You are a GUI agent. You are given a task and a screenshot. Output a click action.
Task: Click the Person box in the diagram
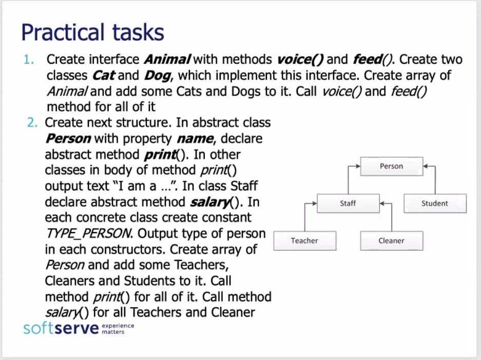391,166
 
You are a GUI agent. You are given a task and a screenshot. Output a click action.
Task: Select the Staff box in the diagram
348,203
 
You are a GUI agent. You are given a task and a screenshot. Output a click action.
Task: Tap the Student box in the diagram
434,203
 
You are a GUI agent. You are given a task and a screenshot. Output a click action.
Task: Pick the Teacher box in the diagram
304,240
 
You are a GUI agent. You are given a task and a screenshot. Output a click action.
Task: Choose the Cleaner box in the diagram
391,240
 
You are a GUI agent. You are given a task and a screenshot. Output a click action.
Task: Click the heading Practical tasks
92,32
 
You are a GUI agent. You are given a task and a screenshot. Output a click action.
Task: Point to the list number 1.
29,60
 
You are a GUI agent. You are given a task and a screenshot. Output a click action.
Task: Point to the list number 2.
32,123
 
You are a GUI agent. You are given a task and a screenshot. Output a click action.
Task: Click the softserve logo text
61,328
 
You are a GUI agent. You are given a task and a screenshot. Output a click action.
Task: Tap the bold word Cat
104,75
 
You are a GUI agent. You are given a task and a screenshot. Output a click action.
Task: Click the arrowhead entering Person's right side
426,166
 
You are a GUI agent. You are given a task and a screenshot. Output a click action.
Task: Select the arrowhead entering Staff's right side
382,203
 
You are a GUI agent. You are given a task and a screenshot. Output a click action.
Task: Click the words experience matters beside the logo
118,329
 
